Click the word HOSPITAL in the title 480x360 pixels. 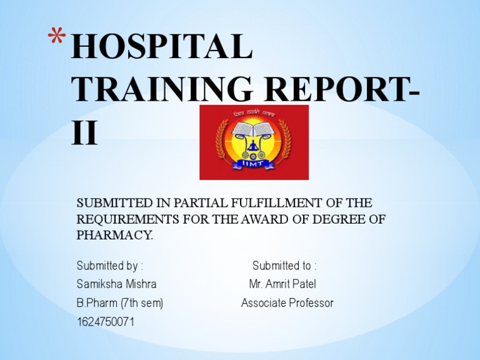tap(161, 47)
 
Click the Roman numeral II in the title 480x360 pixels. tap(84, 132)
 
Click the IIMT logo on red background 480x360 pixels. tap(254, 142)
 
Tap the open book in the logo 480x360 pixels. tap(253, 129)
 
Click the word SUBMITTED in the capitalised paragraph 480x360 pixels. tap(109, 203)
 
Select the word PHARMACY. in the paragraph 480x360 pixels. tap(114, 236)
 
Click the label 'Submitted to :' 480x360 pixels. tap(284, 266)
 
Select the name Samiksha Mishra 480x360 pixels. tap(116, 284)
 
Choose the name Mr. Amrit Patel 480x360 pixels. tap(282, 284)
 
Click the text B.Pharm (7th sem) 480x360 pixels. tap(119, 303)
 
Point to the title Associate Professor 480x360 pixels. tap(287, 303)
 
